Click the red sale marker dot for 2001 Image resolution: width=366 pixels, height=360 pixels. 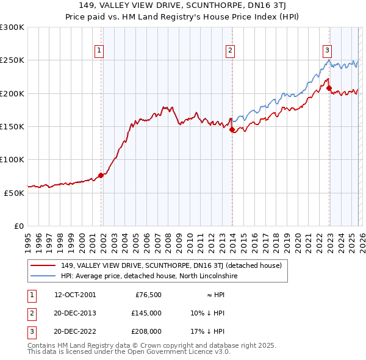click(x=101, y=175)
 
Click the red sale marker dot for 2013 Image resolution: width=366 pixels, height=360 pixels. click(x=232, y=129)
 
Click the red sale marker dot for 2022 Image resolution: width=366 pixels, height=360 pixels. click(x=329, y=88)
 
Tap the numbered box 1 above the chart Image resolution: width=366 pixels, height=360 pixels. click(x=99, y=51)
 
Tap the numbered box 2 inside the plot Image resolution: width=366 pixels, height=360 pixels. click(x=230, y=51)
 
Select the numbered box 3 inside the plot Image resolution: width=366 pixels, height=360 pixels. click(x=327, y=51)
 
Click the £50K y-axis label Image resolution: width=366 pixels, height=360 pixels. click(x=14, y=193)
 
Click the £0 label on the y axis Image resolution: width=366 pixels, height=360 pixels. click(x=18, y=226)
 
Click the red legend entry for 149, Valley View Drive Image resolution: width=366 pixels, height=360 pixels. click(x=171, y=265)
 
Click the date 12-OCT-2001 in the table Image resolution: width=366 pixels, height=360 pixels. click(x=75, y=295)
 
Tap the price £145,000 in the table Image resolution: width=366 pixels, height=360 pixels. click(x=146, y=313)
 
